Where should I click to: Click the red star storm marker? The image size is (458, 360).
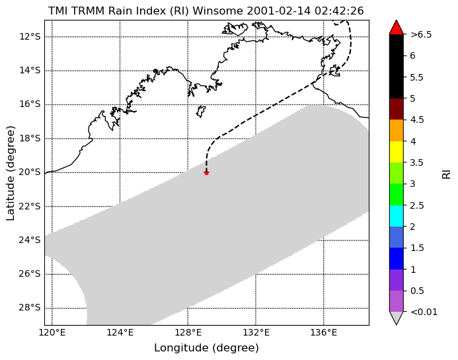(206, 173)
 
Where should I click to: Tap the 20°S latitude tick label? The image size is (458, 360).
(30, 172)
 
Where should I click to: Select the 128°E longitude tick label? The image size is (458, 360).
(188, 332)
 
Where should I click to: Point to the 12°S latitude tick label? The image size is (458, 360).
(30, 36)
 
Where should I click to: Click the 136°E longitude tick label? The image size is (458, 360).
(324, 332)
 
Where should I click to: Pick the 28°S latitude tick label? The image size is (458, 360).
(30, 308)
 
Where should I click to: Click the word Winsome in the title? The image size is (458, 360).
(217, 11)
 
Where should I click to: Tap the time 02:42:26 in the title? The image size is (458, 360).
(339, 11)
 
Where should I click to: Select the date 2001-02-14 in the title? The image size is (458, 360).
(279, 11)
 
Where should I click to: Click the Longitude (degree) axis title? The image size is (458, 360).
(206, 348)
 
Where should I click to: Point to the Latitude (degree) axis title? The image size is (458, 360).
(10, 173)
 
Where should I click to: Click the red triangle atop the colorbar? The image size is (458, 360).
(397, 28)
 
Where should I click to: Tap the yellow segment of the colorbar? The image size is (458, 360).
(397, 152)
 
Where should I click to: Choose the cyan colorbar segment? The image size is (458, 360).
(397, 216)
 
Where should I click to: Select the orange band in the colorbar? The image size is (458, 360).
(397, 131)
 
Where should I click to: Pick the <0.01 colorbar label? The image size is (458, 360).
(424, 312)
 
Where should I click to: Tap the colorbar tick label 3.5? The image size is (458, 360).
(417, 162)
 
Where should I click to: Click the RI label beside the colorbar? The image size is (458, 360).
(447, 173)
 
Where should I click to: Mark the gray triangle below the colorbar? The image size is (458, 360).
(397, 317)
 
